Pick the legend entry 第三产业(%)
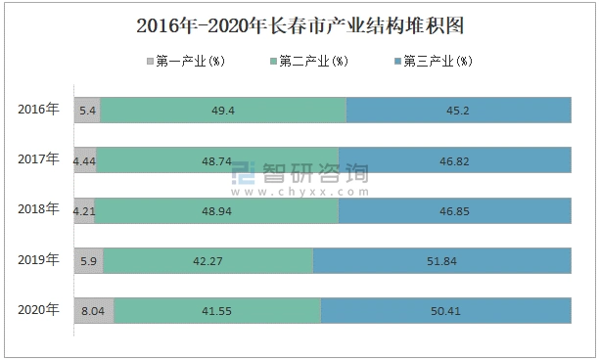pyautogui.click(x=437, y=62)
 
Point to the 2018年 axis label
pyautogui.click(x=39, y=208)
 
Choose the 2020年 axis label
pyautogui.click(x=39, y=309)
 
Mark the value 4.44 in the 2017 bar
pyautogui.click(x=84, y=160)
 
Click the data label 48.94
pyautogui.click(x=216, y=210)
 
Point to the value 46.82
pyautogui.click(x=455, y=160)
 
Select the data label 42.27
pyautogui.click(x=208, y=260)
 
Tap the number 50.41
pyautogui.click(x=445, y=310)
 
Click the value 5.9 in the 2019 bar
pyautogui.click(x=88, y=260)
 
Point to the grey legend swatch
pyautogui.click(x=149, y=62)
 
